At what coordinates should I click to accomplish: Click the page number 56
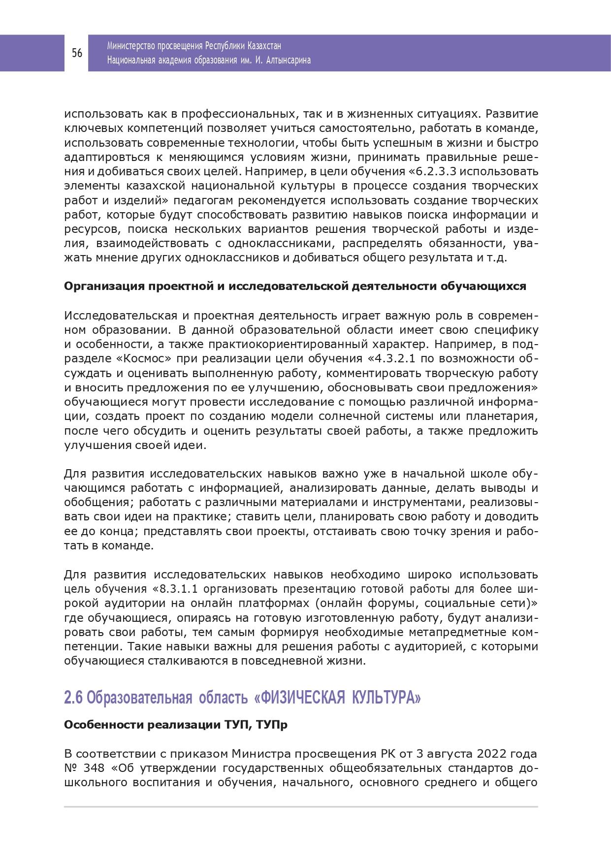pos(77,53)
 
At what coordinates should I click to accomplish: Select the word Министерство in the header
pos(130,46)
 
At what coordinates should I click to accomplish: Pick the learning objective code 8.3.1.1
pos(182,589)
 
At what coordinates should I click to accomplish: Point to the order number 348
pos(95,768)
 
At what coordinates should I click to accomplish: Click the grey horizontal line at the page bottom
pos(300,807)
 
